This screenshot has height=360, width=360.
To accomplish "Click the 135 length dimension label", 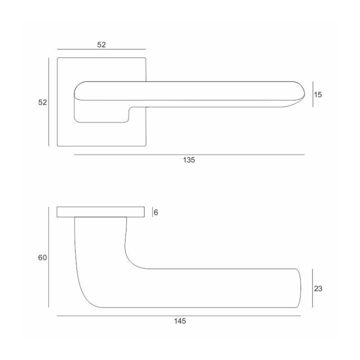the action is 188,160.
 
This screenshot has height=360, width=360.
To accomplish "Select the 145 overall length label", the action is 180,321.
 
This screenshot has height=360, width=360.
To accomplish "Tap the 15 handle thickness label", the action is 318,94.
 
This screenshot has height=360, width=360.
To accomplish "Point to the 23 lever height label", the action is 318,288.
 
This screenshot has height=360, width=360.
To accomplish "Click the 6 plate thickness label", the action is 156,212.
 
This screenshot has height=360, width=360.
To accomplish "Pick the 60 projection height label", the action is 42,257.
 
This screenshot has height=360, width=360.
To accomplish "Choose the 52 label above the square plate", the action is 101,45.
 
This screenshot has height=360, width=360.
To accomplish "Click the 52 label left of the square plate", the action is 42,102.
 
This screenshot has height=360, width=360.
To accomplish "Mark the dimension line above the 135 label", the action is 189,154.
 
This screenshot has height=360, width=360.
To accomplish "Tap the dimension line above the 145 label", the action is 179,316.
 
